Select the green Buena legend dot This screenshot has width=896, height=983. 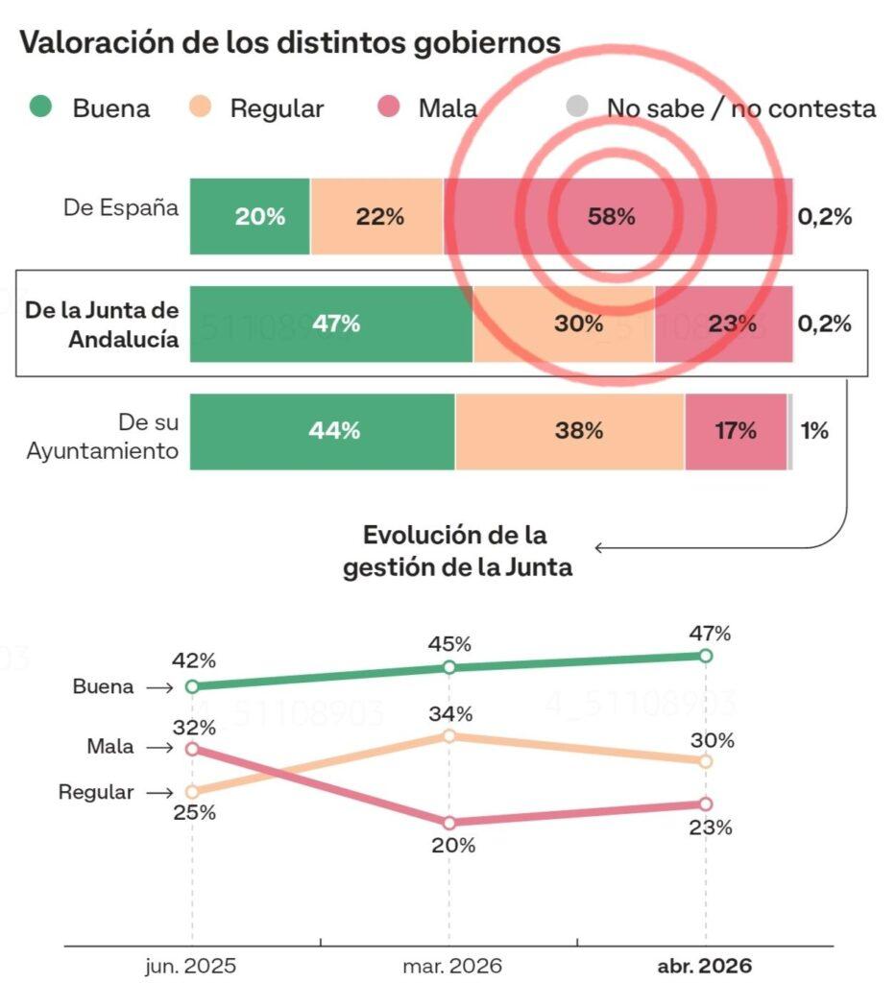40,107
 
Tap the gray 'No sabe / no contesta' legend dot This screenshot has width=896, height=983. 576,107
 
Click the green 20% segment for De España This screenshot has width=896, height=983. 250,216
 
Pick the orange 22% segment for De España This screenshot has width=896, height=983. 376,216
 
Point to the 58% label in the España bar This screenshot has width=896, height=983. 612,217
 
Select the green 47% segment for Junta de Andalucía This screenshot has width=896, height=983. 331,324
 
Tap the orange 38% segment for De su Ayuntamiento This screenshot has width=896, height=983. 569,431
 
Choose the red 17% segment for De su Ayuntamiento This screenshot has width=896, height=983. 735,431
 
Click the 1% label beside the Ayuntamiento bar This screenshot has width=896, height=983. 814,431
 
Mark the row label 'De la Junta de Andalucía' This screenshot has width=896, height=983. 103,324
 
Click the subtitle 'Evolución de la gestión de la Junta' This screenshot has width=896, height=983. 457,551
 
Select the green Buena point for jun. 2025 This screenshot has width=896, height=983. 192,686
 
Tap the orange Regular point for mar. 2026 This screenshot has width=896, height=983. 448,735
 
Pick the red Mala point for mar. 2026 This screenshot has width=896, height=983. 448,823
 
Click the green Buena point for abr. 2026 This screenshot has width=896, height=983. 706,656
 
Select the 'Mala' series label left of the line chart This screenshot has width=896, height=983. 110,747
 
